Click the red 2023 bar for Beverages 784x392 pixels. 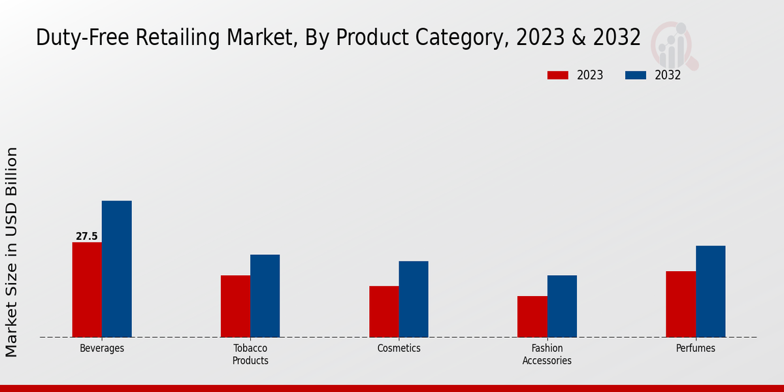point(87,290)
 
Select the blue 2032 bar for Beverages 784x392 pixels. point(116,269)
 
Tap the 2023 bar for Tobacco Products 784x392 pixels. point(235,306)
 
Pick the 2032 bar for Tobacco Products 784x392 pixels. point(265,296)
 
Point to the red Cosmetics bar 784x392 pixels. point(384,312)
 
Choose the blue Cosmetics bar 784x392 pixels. point(414,299)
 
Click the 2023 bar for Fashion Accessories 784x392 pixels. point(532,317)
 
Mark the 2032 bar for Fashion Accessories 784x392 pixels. point(562,306)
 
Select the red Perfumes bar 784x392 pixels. point(681,304)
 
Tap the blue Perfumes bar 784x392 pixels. point(710,291)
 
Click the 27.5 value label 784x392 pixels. point(87,237)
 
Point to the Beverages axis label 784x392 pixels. point(102,348)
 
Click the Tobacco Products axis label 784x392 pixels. point(250,354)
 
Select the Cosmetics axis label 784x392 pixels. point(399,348)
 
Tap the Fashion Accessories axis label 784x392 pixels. point(547,354)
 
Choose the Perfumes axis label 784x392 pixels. point(695,348)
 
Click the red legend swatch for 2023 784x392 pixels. point(557,75)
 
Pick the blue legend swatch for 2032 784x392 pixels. point(636,75)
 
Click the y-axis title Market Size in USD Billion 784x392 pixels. point(12,252)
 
